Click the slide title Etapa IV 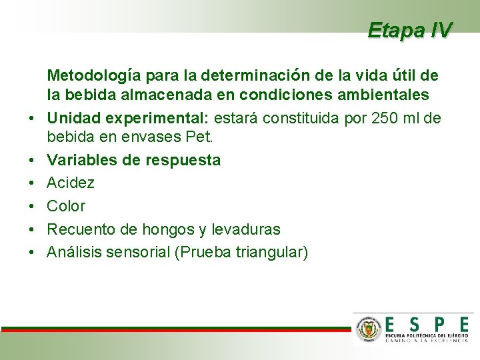point(409,30)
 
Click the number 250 point(382,119)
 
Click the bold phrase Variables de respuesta point(133,160)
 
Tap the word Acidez point(70,183)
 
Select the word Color point(66,206)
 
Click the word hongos point(165,229)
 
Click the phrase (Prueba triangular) point(240,253)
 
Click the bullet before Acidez point(31,183)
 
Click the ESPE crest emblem point(367,329)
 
